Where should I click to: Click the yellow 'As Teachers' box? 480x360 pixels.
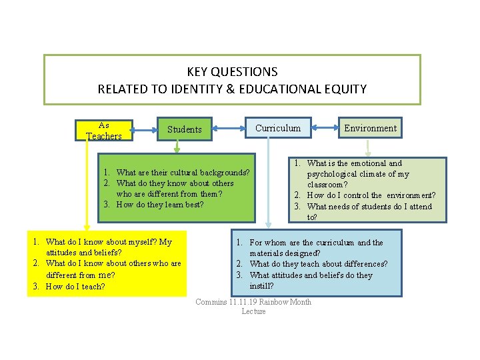point(104,130)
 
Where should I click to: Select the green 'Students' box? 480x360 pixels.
point(184,129)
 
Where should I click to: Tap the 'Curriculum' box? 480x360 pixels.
point(278,128)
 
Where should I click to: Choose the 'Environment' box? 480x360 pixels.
point(370,128)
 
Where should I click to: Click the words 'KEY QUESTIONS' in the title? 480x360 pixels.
point(232,71)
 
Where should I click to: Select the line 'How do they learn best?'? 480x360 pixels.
point(160,205)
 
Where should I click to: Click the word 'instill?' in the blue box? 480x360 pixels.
point(261,286)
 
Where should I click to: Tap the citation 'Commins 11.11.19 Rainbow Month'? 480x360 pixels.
point(253,302)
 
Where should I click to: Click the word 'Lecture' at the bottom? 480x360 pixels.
point(253,311)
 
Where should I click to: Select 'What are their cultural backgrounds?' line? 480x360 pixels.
point(183,173)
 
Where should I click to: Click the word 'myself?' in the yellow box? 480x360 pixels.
point(144,242)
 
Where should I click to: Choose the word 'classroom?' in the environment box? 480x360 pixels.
point(327,185)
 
